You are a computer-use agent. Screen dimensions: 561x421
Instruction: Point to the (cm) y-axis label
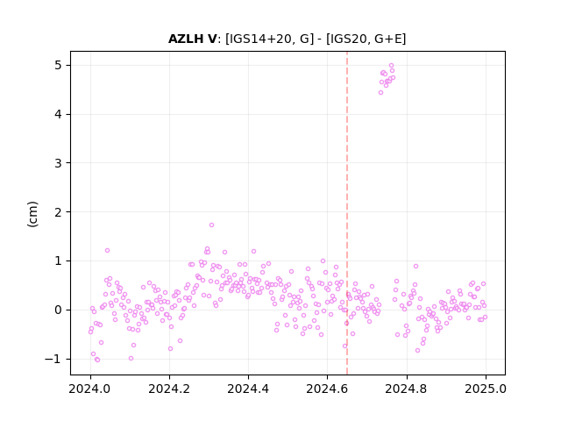pyautogui.click(x=32, y=214)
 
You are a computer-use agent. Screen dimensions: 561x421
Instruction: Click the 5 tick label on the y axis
pyautogui.click(x=59, y=66)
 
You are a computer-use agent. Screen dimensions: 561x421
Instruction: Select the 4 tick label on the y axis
pyautogui.click(x=59, y=115)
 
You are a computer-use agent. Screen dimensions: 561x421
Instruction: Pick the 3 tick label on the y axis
pyautogui.click(x=59, y=163)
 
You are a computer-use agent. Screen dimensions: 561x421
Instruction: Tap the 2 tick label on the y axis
pyautogui.click(x=59, y=212)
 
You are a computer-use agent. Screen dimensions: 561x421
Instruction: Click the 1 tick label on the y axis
pyautogui.click(x=59, y=261)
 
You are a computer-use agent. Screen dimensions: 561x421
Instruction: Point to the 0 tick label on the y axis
pyautogui.click(x=59, y=310)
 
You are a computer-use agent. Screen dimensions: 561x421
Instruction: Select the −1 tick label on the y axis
pyautogui.click(x=53, y=359)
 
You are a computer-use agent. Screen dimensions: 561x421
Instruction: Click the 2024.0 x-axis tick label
pyautogui.click(x=90, y=389)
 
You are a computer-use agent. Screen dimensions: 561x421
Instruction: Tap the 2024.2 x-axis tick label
pyautogui.click(x=169, y=389)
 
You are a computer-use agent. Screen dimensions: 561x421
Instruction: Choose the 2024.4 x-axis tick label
pyautogui.click(x=248, y=389)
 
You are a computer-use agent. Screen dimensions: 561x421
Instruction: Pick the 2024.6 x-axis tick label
pyautogui.click(x=327, y=389)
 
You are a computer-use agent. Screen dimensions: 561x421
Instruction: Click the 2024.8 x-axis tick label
pyautogui.click(x=407, y=389)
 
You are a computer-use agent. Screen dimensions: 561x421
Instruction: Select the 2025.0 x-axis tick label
pyautogui.click(x=486, y=389)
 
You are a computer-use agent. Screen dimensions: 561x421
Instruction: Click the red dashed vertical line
pyautogui.click(x=347, y=213)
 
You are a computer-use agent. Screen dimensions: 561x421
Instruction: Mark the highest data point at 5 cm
pyautogui.click(x=392, y=65)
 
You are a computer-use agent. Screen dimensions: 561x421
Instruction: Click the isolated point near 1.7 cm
pyautogui.click(x=211, y=225)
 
